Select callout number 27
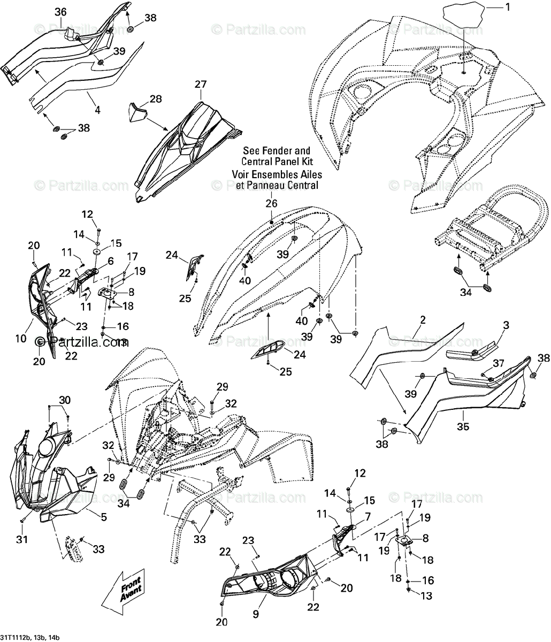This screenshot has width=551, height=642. (x=201, y=84)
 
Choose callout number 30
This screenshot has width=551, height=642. (x=64, y=400)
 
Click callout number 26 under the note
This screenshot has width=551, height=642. (x=272, y=203)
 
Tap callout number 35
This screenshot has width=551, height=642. (x=463, y=427)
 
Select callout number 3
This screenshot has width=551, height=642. (x=506, y=325)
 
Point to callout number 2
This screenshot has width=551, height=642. (x=423, y=320)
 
